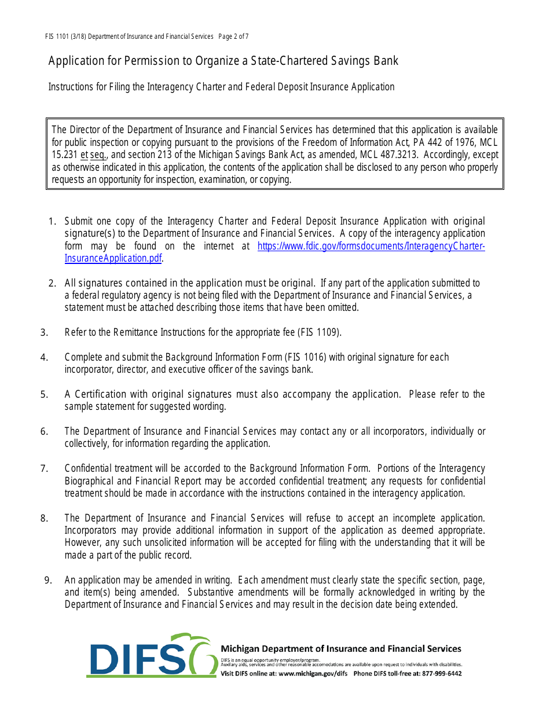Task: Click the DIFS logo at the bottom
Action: click(x=152, y=655)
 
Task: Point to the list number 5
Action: click(x=44, y=394)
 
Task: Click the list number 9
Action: click(x=48, y=580)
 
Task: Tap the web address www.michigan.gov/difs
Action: click(x=313, y=673)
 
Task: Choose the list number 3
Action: click(x=44, y=332)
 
